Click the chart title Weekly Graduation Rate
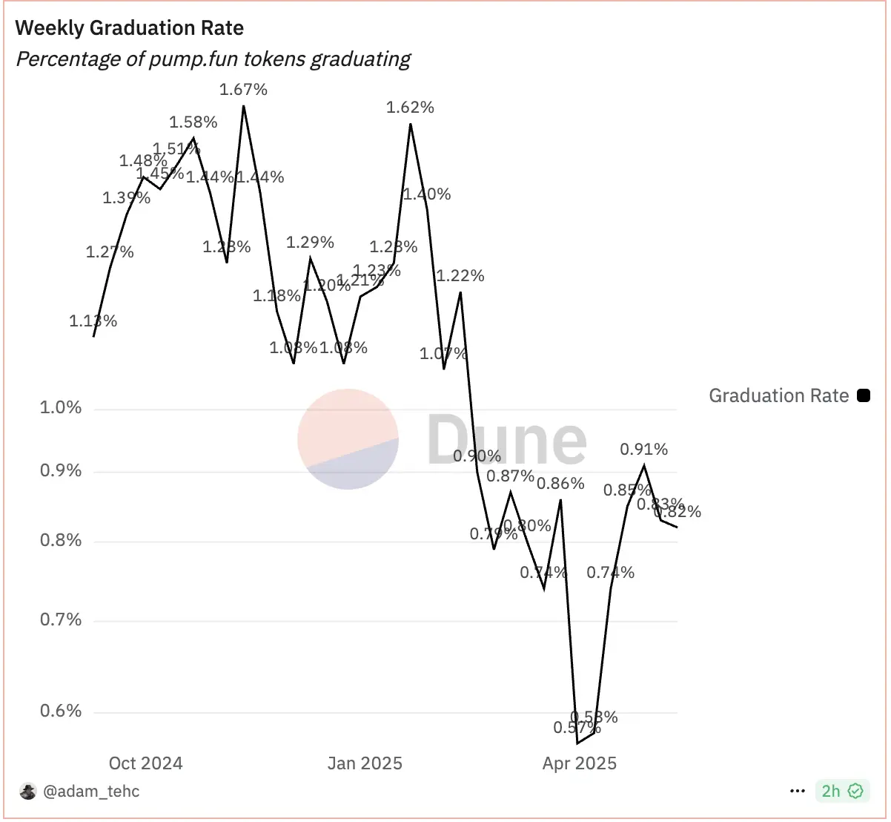pyautogui.click(x=130, y=28)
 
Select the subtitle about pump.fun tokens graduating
pyautogui.click(x=213, y=59)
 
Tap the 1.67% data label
pyautogui.click(x=243, y=90)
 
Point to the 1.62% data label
pyautogui.click(x=410, y=108)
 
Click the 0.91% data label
pyautogui.click(x=643, y=450)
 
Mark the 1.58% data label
pyautogui.click(x=193, y=122)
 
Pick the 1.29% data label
pyautogui.click(x=310, y=243)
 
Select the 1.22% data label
pyautogui.click(x=460, y=276)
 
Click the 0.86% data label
pyautogui.click(x=560, y=484)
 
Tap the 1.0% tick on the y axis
pyautogui.click(x=61, y=408)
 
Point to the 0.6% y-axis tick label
pyautogui.click(x=61, y=711)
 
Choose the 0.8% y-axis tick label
pyautogui.click(x=61, y=541)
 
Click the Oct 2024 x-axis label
pyautogui.click(x=145, y=763)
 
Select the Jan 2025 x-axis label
pyautogui.click(x=365, y=763)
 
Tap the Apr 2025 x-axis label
pyautogui.click(x=580, y=763)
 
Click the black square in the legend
pyautogui.click(x=864, y=395)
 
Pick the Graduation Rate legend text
pyautogui.click(x=778, y=395)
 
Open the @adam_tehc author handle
pyautogui.click(x=91, y=792)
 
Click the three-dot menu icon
pyautogui.click(x=798, y=792)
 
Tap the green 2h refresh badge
pyautogui.click(x=842, y=792)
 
